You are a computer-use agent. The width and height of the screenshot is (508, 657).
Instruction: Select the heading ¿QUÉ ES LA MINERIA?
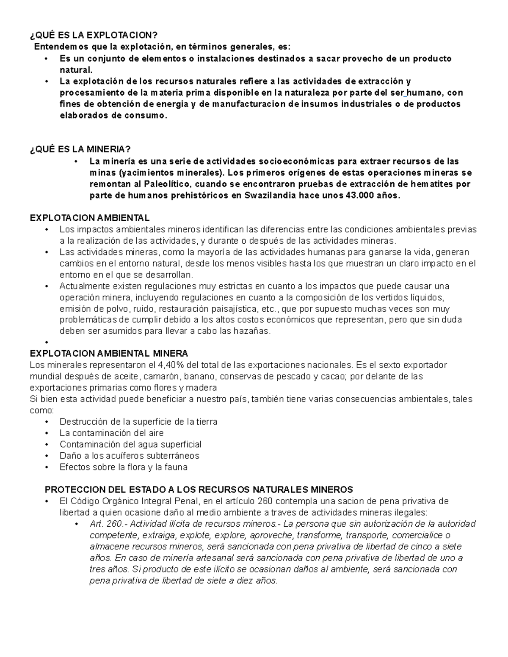[x=80, y=149]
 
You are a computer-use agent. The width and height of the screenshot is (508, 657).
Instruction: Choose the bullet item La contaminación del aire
[x=111, y=433]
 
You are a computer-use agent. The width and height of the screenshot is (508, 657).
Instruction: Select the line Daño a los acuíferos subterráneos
[x=129, y=456]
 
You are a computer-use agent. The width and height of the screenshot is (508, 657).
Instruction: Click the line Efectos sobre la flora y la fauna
[x=123, y=467]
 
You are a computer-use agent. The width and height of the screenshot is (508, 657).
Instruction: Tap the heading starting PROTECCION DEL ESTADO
[x=199, y=490]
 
